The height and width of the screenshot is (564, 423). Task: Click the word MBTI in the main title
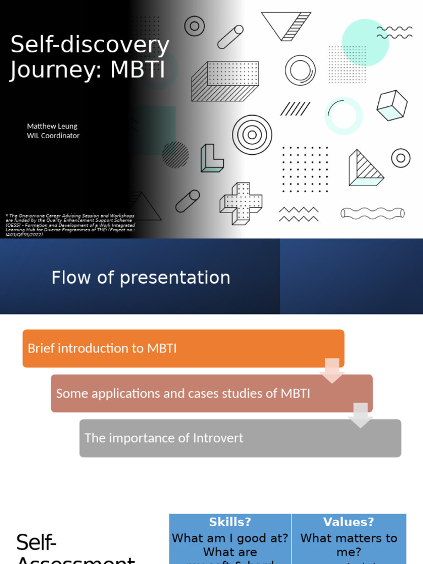click(138, 70)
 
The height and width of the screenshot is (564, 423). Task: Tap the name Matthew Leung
click(52, 126)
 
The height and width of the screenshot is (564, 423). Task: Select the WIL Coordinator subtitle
click(53, 135)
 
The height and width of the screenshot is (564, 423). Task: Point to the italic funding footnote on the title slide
click(69, 225)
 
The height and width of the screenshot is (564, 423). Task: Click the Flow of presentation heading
click(140, 278)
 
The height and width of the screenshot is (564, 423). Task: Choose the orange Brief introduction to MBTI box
click(183, 349)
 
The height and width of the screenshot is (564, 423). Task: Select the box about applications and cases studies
click(211, 393)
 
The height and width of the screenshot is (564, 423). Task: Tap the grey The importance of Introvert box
click(240, 438)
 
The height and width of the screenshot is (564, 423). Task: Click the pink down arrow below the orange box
click(332, 370)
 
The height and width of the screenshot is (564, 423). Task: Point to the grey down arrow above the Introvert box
click(361, 415)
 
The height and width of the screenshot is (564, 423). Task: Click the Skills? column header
click(230, 522)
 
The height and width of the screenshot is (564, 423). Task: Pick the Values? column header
click(349, 522)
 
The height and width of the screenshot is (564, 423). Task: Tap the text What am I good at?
click(230, 538)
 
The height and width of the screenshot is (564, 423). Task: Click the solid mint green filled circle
click(365, 42)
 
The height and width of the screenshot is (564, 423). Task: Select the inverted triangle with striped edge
click(286, 26)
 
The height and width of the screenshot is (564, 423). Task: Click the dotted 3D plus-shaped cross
click(241, 203)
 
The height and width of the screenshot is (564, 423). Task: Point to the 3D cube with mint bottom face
click(392, 105)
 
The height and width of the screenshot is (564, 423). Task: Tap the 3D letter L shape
click(211, 159)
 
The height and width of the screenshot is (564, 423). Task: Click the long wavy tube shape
click(372, 213)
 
